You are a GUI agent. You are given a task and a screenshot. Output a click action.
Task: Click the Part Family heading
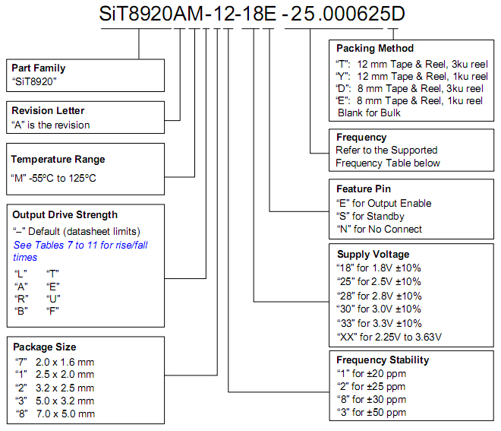coord(39,68)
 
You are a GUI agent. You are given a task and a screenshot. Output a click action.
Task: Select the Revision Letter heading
coord(48,111)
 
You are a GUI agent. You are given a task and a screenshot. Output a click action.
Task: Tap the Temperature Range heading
coord(58,160)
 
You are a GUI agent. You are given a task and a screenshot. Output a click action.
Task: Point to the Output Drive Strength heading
coord(65,214)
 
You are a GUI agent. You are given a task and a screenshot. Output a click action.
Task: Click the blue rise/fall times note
coord(80,251)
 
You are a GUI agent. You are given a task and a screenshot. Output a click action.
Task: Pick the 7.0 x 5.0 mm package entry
coord(55,414)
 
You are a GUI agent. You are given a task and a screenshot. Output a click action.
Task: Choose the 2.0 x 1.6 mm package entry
coord(55,362)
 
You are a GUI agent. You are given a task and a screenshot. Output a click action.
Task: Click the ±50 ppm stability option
coord(371,413)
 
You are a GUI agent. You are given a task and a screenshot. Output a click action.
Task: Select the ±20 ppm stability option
coord(371,374)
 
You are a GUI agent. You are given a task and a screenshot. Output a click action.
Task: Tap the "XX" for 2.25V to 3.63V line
coord(389,337)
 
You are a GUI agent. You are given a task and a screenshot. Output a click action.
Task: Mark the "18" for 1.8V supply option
coord(379,268)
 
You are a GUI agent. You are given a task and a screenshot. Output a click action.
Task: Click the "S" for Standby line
coord(370,217)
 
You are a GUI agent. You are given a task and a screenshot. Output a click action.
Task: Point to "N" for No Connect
coord(380,229)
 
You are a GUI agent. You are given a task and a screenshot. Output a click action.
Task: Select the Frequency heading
coord(361,138)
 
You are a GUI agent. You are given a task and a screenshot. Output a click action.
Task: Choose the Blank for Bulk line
coord(369,113)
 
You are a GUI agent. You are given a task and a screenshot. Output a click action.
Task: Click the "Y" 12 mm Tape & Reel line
coord(411,77)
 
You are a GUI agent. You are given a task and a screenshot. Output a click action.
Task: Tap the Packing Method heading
coord(375,49)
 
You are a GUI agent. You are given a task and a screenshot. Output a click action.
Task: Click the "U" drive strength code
coord(53,299)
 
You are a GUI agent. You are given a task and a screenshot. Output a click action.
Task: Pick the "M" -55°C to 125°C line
coord(53,178)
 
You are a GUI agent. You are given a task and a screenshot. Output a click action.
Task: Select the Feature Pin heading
coord(364,189)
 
